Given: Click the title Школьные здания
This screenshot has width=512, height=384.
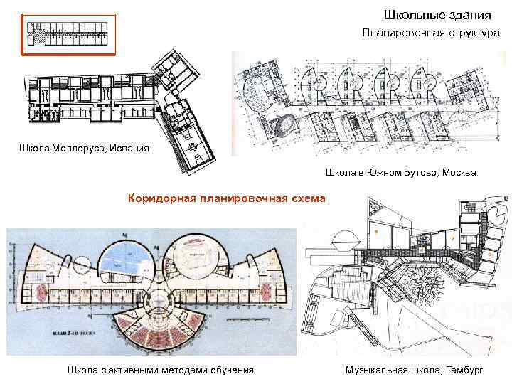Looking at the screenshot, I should (437, 14).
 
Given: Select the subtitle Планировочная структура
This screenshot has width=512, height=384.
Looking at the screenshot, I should (430, 33).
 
